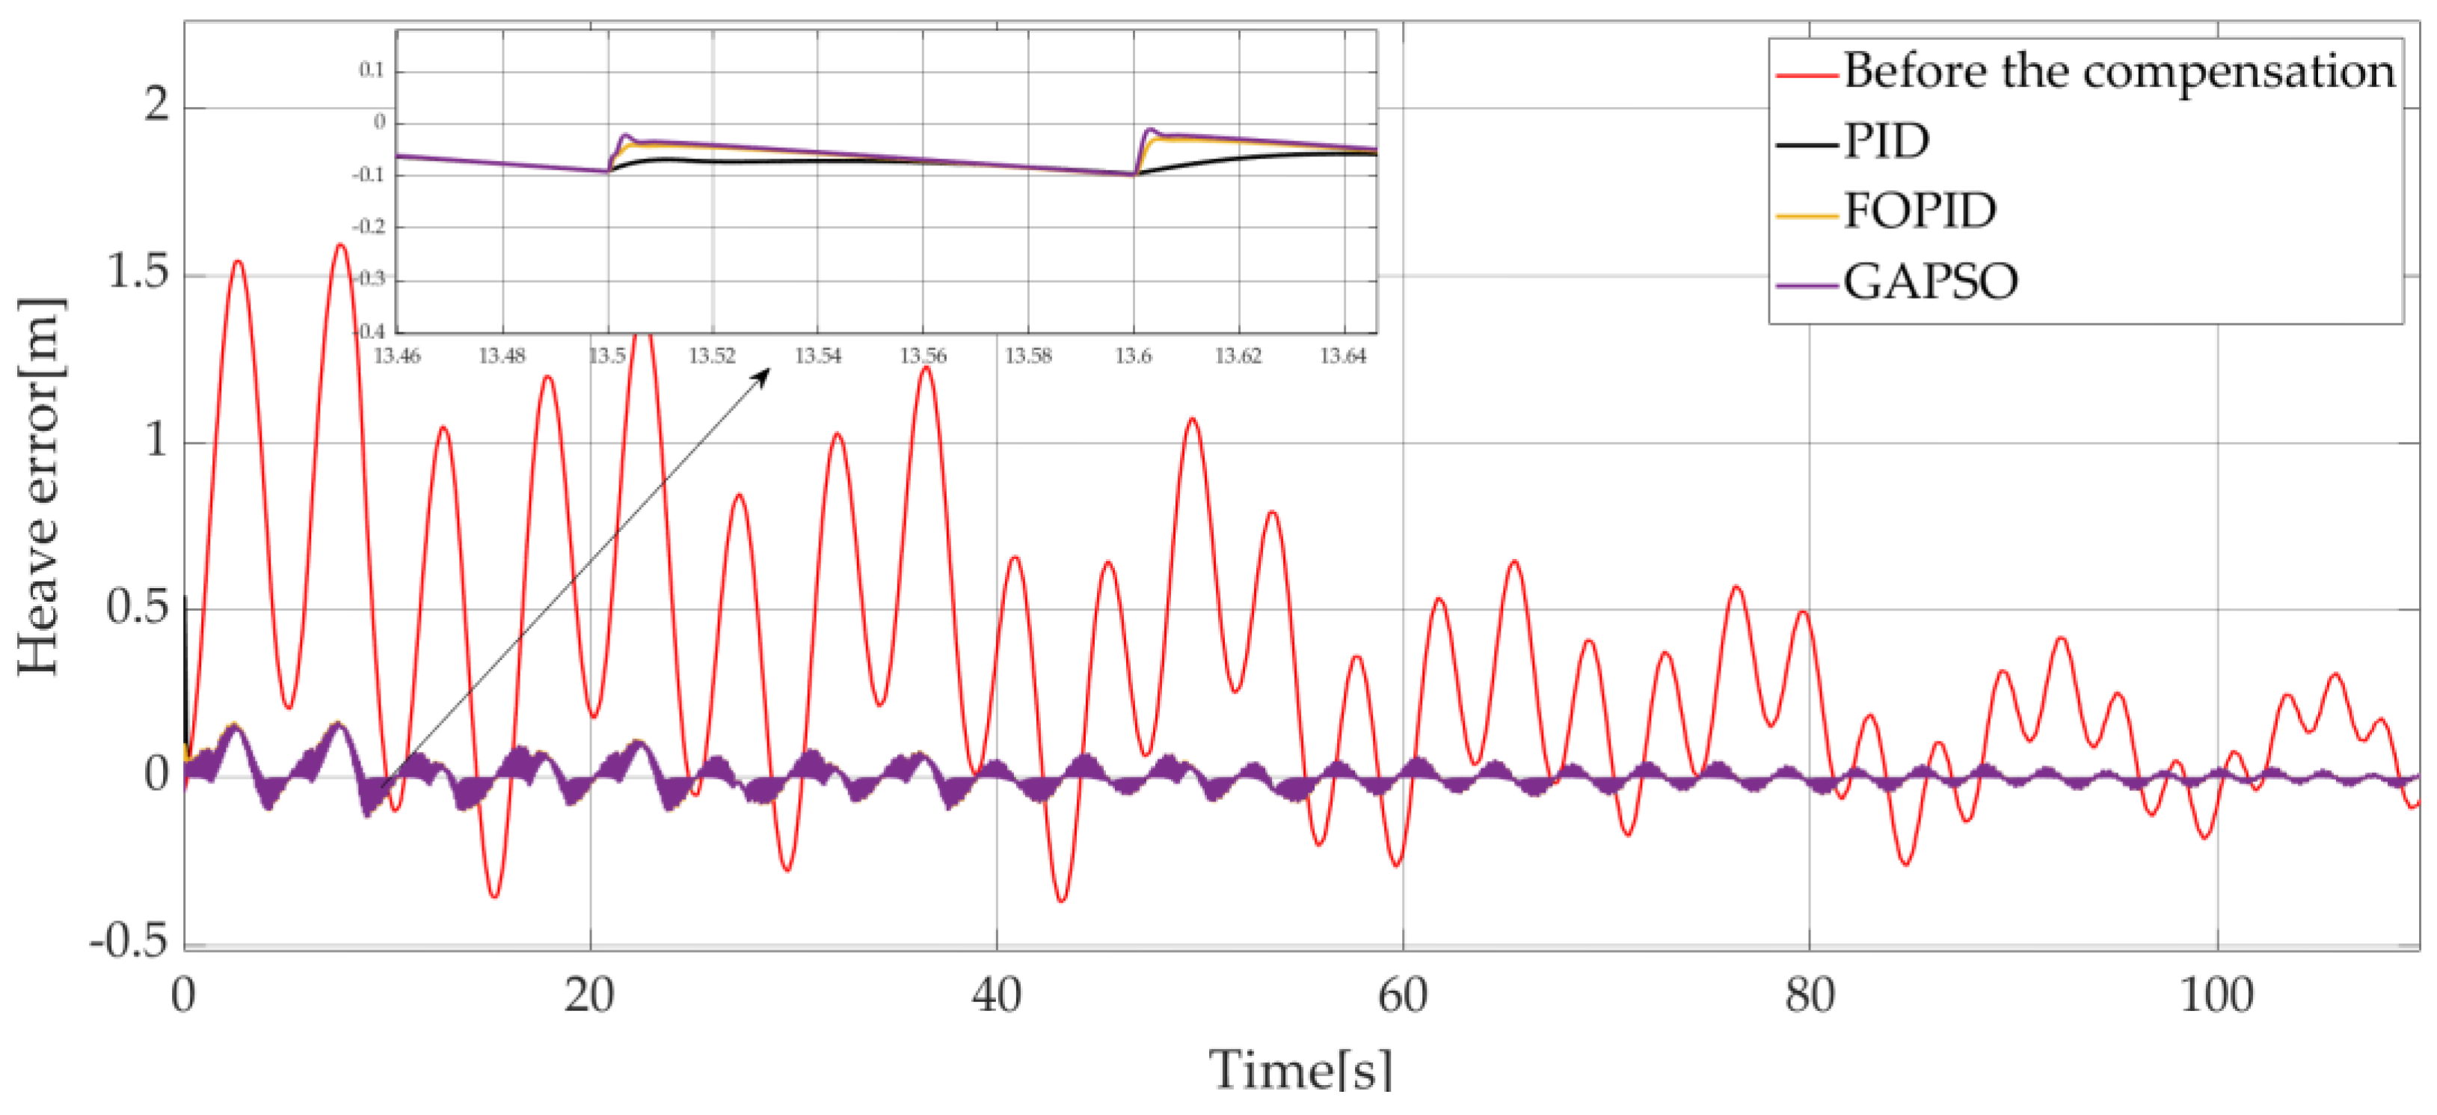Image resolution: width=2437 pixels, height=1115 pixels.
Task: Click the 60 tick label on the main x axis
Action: tap(1402, 995)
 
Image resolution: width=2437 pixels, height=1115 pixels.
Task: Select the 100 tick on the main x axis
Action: tap(2216, 995)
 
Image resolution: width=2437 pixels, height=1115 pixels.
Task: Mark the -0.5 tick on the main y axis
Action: tap(129, 942)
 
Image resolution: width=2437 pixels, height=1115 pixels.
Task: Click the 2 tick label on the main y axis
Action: tap(157, 104)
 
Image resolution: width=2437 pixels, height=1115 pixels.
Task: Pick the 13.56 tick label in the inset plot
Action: tap(923, 356)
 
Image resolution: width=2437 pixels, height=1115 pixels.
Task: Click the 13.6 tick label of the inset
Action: tap(1134, 356)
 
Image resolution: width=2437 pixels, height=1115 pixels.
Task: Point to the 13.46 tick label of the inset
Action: tap(397, 356)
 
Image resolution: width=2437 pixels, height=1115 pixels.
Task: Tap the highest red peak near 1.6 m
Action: tap(339, 246)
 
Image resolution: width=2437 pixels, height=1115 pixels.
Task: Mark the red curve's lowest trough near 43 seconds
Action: tap(1061, 899)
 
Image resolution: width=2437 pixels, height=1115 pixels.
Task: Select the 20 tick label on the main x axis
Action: tap(588, 995)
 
